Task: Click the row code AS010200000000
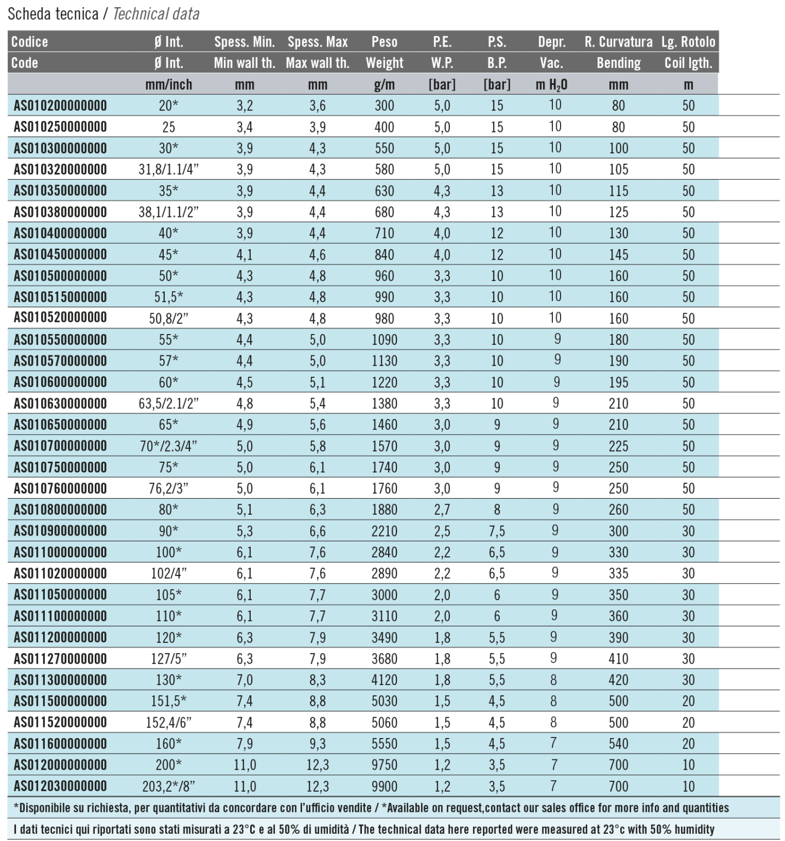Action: click(60, 106)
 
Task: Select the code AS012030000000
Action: click(60, 786)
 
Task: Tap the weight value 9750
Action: click(384, 765)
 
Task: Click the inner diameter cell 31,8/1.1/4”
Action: click(169, 170)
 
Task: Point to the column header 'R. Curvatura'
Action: click(618, 42)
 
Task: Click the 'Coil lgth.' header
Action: click(688, 63)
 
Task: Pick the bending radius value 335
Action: click(618, 574)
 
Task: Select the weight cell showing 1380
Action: click(384, 404)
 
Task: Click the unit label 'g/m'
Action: click(384, 85)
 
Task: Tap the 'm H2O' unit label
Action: click(551, 85)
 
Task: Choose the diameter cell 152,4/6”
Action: click(169, 723)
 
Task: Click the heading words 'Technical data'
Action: click(156, 14)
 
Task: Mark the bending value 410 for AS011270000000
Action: click(618, 659)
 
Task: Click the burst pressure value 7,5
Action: click(497, 531)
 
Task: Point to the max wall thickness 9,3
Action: click(318, 744)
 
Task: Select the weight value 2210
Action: click(384, 531)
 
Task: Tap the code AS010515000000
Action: click(60, 297)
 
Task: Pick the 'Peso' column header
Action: click(384, 42)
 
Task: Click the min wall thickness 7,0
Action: click(245, 680)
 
